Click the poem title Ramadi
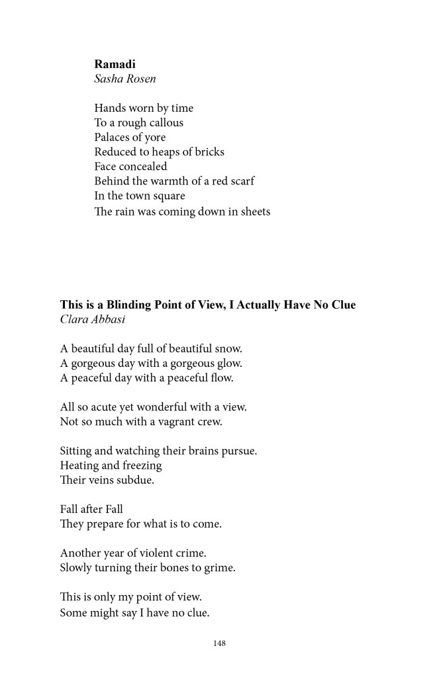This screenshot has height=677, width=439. pyautogui.click(x=115, y=64)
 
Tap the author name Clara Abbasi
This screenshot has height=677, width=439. pyautogui.click(x=93, y=319)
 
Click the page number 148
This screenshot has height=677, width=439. pyautogui.click(x=220, y=643)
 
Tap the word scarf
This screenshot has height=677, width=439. pyautogui.click(x=241, y=181)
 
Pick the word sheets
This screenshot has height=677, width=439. pyautogui.click(x=254, y=212)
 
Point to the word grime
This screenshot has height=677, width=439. pyautogui.click(x=221, y=568)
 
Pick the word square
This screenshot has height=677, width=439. pyautogui.click(x=187, y=196)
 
